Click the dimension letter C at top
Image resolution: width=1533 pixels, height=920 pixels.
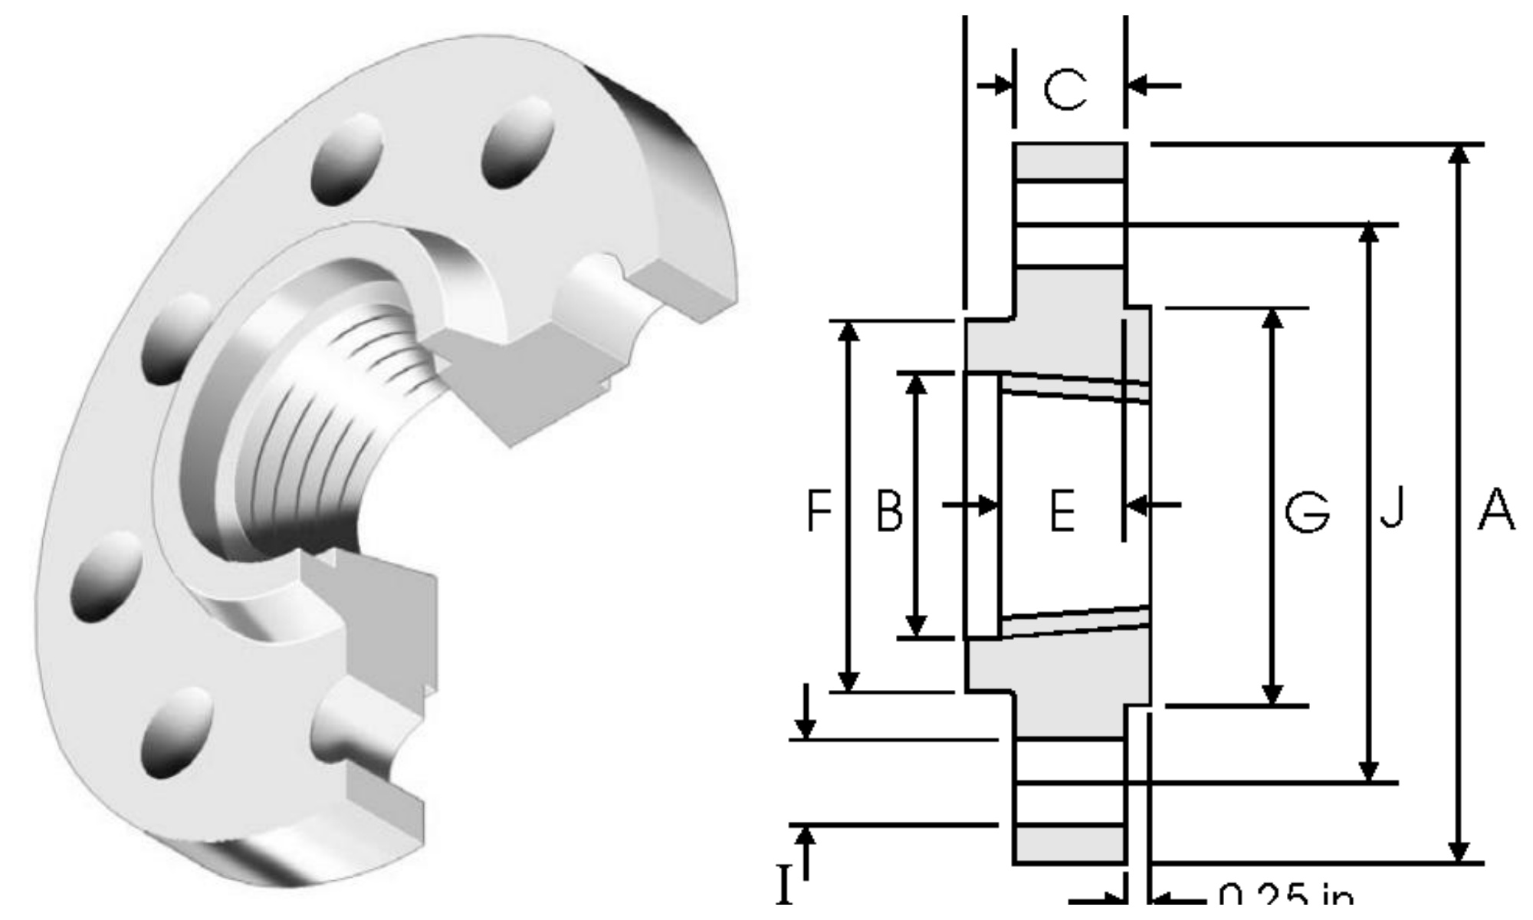[x=1065, y=90]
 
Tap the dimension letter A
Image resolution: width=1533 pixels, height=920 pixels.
[x=1496, y=510]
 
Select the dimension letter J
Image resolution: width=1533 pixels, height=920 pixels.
[x=1392, y=510]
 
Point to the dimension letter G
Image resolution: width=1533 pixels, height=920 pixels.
[x=1308, y=511]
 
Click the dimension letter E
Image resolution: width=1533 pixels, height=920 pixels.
[x=1062, y=511]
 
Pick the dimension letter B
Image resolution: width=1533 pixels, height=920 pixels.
[x=889, y=511]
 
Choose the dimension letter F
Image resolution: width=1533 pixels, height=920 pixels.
[x=819, y=511]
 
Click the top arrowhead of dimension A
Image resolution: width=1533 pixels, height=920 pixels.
[x=1460, y=153]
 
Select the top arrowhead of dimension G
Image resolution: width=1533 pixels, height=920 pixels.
[x=1272, y=318]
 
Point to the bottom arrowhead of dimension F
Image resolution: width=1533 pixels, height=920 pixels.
[x=848, y=681]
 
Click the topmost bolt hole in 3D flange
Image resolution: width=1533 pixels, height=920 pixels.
[x=518, y=143]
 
